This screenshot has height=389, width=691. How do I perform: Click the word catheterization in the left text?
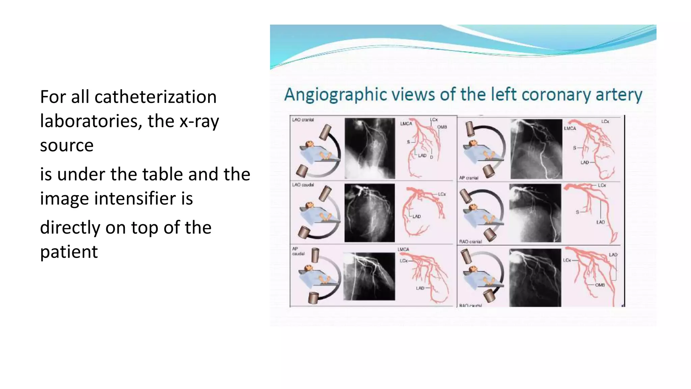[155, 97]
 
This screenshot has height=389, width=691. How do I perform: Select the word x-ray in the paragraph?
[199, 122]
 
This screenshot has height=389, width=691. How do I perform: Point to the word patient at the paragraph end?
[69, 252]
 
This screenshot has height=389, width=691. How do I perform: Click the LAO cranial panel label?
[303, 120]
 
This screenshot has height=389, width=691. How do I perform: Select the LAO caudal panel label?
[303, 185]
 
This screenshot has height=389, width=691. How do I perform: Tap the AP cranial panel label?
[469, 178]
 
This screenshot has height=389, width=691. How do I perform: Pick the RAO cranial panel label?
[470, 242]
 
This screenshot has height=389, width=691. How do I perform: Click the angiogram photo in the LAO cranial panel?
[369, 148]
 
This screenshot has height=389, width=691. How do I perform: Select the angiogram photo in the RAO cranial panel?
[535, 213]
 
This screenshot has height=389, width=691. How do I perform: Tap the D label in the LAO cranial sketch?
[432, 157]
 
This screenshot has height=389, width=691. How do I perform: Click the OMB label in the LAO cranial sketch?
[442, 127]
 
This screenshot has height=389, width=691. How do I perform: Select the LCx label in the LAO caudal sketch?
[442, 194]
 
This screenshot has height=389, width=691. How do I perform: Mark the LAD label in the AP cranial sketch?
[585, 162]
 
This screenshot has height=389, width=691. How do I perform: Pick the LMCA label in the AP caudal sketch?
[403, 250]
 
